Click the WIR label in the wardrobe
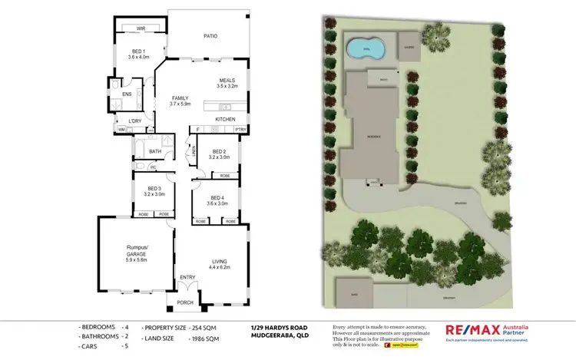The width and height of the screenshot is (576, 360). pyautogui.click(x=141, y=28)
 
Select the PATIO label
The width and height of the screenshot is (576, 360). pyautogui.click(x=210, y=35)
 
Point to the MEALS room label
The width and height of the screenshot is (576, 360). pyautogui.click(x=227, y=81)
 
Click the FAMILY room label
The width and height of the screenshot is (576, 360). pyautogui.click(x=180, y=98)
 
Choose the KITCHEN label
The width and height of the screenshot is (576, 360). pyautogui.click(x=224, y=120)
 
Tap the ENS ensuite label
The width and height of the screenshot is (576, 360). pyautogui.click(x=127, y=94)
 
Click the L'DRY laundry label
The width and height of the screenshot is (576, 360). pyautogui.click(x=135, y=121)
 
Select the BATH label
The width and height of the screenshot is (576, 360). pyautogui.click(x=155, y=151)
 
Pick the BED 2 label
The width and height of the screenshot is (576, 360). pyautogui.click(x=219, y=151)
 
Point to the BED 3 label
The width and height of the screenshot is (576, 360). pyautogui.click(x=154, y=188)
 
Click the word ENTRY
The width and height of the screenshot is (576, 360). pyautogui.click(x=187, y=277)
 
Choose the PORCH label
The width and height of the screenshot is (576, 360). pyautogui.click(x=186, y=302)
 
